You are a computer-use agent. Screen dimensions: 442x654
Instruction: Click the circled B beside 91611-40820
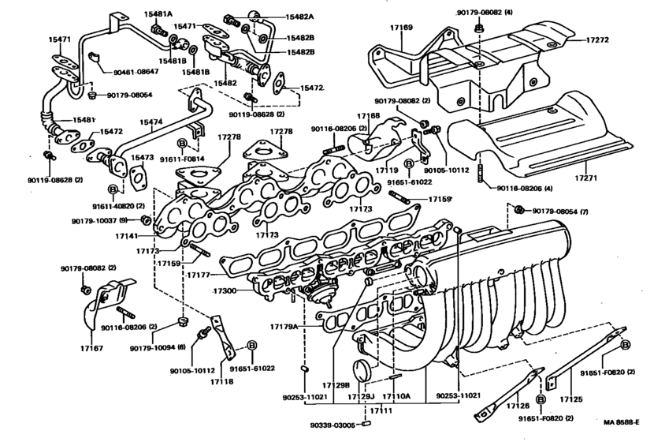point(113,190)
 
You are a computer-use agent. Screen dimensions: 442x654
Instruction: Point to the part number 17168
point(369,116)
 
